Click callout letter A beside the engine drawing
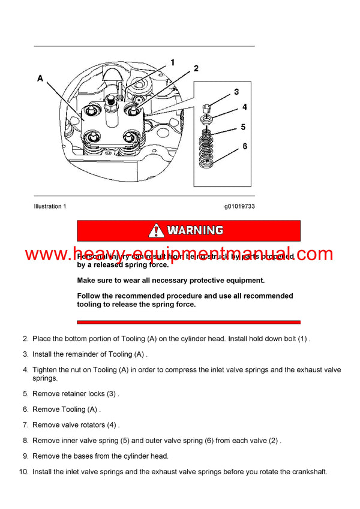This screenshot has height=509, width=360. point(40,78)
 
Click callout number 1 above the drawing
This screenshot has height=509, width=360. point(172,62)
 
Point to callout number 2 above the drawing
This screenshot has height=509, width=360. point(196,69)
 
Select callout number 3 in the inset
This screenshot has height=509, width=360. point(236,92)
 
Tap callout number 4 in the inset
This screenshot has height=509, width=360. point(244,107)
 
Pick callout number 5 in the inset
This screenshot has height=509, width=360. point(243,127)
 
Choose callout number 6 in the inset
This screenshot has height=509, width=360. point(244,146)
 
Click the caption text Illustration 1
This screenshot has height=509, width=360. point(50,206)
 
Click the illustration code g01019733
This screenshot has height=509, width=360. point(239,206)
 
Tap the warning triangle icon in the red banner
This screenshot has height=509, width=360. point(156,230)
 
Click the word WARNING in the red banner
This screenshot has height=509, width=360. point(195,230)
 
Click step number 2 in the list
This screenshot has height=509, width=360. point(25,339)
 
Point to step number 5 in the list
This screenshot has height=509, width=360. point(25,394)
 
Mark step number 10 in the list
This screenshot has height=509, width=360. point(23,472)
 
